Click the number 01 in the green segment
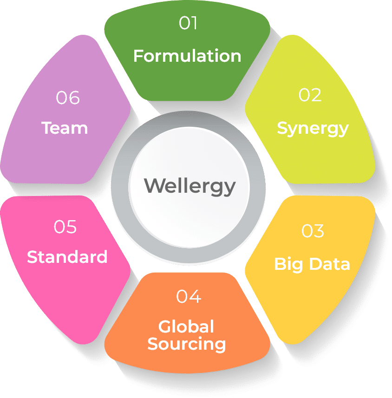coord(188,23)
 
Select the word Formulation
coord(187,56)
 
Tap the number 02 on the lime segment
coord(310,95)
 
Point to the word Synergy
coord(313,129)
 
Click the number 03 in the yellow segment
coord(313,231)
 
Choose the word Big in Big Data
coord(288,265)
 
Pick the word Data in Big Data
coord(330,264)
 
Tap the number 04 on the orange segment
coord(189,296)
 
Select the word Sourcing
coord(187,345)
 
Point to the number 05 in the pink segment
coord(65,227)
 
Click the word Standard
coord(67,257)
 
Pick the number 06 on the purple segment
coord(67,98)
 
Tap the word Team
coord(65,128)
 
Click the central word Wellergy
coord(189,187)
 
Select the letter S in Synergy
coord(282,128)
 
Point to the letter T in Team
coord(47,127)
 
